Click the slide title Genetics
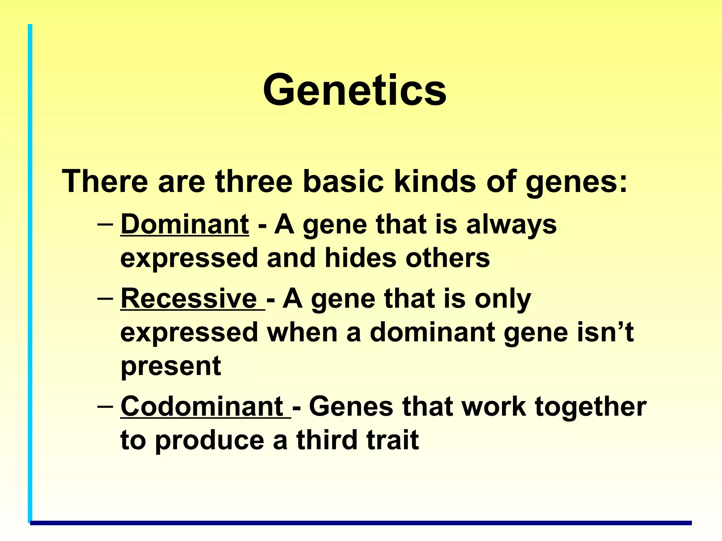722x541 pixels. pyautogui.click(x=355, y=90)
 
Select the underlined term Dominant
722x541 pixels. pyautogui.click(x=185, y=224)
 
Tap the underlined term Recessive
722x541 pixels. pyautogui.click(x=189, y=299)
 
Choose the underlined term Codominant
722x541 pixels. pyautogui.click(x=202, y=406)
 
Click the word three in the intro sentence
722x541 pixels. pyautogui.click(x=254, y=181)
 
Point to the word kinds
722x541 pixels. pyautogui.click(x=434, y=181)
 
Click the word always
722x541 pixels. pyautogui.click(x=511, y=225)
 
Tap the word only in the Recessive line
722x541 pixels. pyautogui.click(x=502, y=299)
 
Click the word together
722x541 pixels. pyautogui.click(x=591, y=407)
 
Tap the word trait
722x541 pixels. pyautogui.click(x=393, y=440)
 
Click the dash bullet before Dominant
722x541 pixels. pyautogui.click(x=105, y=224)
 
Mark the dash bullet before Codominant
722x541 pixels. pyautogui.click(x=105, y=406)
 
